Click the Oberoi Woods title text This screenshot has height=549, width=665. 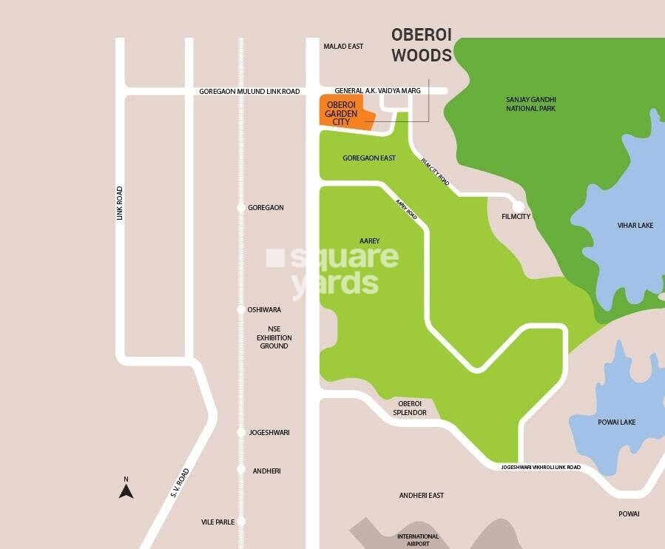(421, 44)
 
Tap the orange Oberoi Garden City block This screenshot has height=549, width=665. (343, 112)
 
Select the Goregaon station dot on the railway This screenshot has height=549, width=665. (240, 208)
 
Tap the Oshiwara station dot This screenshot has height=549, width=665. (240, 310)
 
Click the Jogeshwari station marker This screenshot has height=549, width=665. (240, 432)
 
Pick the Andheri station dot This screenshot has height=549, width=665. (240, 469)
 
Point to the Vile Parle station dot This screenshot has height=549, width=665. (240, 522)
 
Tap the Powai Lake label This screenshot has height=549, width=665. (616, 422)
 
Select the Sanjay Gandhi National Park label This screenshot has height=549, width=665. (530, 104)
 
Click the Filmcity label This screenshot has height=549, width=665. (516, 217)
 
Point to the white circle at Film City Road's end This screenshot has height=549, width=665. (519, 206)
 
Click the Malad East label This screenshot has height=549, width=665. (343, 47)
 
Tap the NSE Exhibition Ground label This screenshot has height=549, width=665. (274, 337)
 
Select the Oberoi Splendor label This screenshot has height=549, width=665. (409, 408)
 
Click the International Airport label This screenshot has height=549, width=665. (418, 540)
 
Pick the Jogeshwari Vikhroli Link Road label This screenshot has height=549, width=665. (540, 468)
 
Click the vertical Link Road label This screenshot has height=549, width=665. (119, 203)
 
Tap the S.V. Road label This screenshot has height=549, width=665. (180, 482)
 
